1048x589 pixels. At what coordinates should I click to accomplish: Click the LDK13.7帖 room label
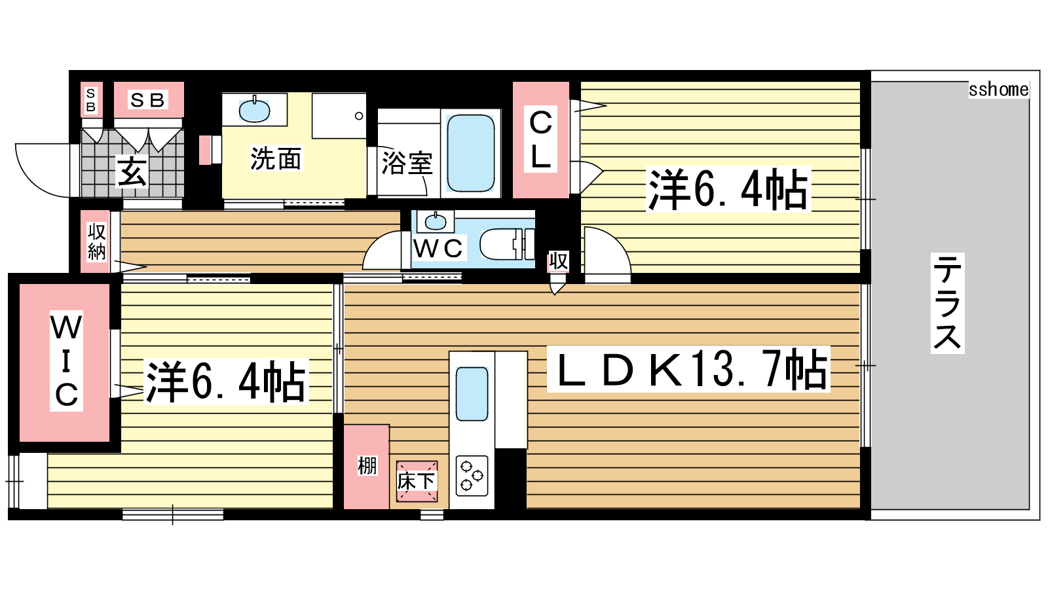[x=688, y=369]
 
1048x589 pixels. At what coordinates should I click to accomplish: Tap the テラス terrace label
[x=947, y=303]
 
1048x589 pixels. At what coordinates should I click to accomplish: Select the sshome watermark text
[x=998, y=89]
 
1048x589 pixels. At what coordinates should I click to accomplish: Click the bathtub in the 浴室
[x=471, y=153]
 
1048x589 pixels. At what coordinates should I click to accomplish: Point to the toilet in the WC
[x=507, y=243]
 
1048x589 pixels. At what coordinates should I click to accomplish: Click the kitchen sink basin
[x=472, y=393]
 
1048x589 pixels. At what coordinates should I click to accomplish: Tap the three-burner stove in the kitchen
[x=472, y=476]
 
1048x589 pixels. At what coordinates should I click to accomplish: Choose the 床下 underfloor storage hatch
[x=417, y=481]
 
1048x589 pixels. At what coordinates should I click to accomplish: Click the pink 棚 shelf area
[x=366, y=467]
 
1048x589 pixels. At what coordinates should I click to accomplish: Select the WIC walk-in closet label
[x=66, y=361]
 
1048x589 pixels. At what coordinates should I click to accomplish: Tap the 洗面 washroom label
[x=276, y=159]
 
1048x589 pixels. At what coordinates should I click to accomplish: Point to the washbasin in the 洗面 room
[x=254, y=111]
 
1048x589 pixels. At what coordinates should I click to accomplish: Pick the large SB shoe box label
[x=148, y=100]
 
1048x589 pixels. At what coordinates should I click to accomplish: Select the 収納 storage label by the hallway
[x=96, y=241]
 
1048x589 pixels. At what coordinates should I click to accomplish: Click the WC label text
[x=438, y=248]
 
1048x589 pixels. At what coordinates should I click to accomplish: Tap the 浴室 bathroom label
[x=407, y=163]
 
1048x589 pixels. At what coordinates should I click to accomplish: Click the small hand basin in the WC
[x=436, y=222]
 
